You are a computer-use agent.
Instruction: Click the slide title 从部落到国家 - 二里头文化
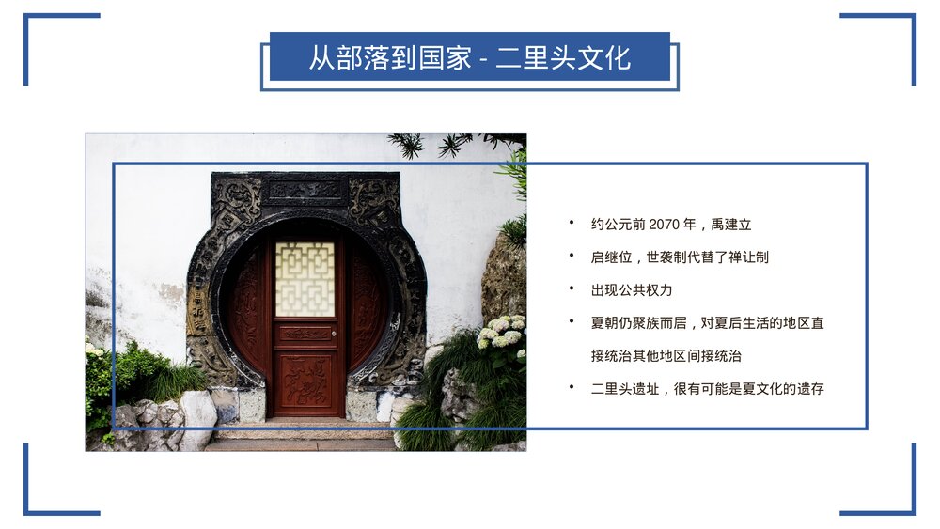(x=469, y=58)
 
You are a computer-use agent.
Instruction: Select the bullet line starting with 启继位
(x=680, y=257)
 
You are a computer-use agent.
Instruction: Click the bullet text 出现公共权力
(x=632, y=289)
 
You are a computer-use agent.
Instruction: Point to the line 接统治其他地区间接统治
(x=666, y=356)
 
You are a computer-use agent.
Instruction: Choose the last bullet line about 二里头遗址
(x=707, y=388)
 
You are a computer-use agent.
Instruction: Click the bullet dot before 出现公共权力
(x=571, y=288)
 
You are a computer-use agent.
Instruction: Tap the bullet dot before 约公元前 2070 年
(x=571, y=224)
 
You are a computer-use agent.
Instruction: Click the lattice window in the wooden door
(x=305, y=278)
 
